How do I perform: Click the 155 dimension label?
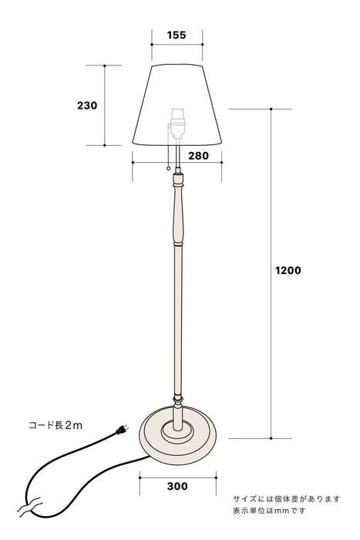[177, 35]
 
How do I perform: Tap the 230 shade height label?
[88, 105]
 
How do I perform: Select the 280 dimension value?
[198, 156]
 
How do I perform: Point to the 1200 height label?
[288, 271]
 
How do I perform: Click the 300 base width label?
[177, 487]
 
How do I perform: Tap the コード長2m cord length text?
[55, 425]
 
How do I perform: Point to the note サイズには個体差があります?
[286, 499]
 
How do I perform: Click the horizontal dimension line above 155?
[177, 45]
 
